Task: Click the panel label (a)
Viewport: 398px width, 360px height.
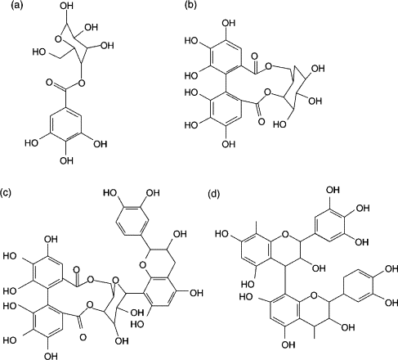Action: click(x=16, y=6)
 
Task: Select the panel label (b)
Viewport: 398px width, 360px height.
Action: click(x=190, y=6)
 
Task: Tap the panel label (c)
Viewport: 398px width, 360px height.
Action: click(x=6, y=193)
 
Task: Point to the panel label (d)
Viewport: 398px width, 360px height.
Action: click(x=213, y=194)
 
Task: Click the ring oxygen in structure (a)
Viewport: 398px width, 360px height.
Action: click(x=58, y=39)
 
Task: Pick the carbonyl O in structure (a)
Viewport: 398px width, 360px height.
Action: click(x=49, y=82)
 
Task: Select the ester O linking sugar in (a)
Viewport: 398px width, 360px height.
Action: click(x=81, y=82)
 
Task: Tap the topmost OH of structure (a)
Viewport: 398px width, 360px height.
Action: click(x=67, y=6)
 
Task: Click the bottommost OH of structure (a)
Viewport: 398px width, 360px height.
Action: click(x=67, y=161)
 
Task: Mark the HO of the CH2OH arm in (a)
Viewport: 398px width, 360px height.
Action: click(x=39, y=52)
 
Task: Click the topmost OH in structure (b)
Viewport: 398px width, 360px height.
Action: click(x=228, y=23)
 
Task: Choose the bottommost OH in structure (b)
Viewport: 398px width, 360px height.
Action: click(x=228, y=144)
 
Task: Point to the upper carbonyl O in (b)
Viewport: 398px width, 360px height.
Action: click(x=255, y=56)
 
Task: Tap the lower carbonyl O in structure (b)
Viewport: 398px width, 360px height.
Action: click(x=262, y=121)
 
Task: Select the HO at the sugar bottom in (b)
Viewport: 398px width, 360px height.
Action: click(x=279, y=124)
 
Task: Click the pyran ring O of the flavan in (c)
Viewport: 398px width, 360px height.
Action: click(x=142, y=264)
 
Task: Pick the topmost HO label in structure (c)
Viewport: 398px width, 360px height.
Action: click(x=110, y=193)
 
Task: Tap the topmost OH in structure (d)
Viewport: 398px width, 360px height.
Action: click(x=333, y=190)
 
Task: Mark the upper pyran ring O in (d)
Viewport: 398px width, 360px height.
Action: click(x=285, y=234)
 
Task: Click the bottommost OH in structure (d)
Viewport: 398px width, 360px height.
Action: click(x=288, y=344)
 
